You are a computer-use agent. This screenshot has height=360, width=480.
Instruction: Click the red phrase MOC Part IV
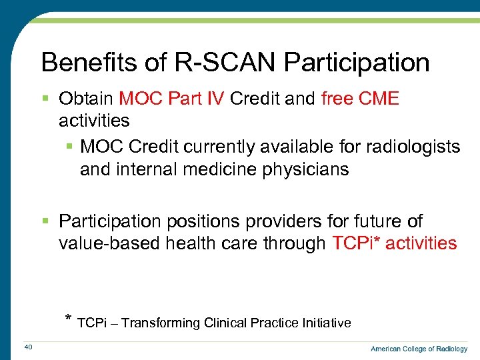pyautogui.click(x=172, y=99)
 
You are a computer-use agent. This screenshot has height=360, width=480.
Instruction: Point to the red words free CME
pyautogui.click(x=359, y=99)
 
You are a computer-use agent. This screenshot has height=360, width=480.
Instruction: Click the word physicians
pyautogui.click(x=303, y=169)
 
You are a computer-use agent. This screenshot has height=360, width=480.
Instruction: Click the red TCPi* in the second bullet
pyautogui.click(x=356, y=243)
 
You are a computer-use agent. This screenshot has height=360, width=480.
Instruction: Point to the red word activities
pyautogui.click(x=421, y=243)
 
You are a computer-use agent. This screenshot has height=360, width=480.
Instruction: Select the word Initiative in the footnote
pyautogui.click(x=325, y=323)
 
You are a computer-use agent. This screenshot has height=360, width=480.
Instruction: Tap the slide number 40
pyautogui.click(x=28, y=346)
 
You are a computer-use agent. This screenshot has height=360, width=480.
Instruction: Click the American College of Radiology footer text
pyautogui.click(x=419, y=349)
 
